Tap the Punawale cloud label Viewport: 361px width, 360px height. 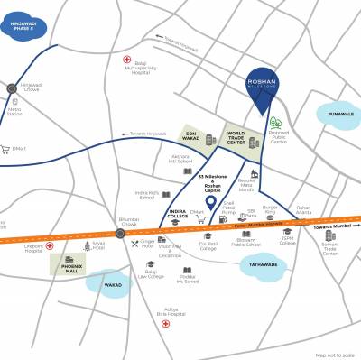[335, 114]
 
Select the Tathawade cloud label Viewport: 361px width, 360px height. [265, 264]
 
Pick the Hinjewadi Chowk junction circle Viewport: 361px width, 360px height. [12, 88]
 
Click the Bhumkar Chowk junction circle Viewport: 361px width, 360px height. [120, 233]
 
